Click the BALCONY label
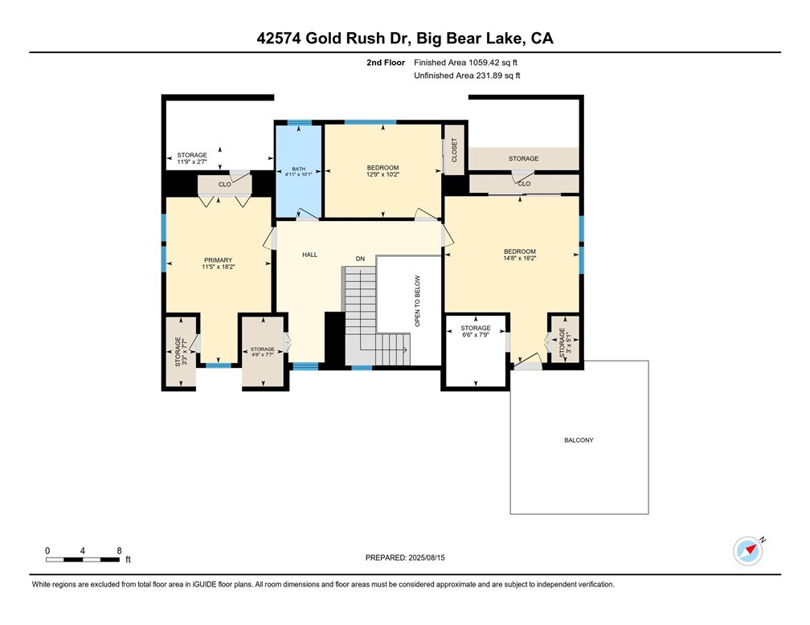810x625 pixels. [579, 440]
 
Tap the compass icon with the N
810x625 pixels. [747, 550]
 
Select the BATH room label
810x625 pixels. [299, 171]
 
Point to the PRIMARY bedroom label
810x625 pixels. [218, 260]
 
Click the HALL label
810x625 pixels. [309, 255]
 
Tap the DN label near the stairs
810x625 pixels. [361, 259]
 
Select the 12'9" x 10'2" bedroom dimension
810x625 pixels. [382, 174]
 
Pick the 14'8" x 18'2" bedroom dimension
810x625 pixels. [519, 259]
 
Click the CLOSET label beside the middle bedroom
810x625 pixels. [454, 150]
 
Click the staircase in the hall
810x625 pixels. [376, 317]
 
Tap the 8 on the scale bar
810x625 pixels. [119, 551]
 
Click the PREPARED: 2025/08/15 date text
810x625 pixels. [404, 558]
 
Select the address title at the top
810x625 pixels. [405, 39]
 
